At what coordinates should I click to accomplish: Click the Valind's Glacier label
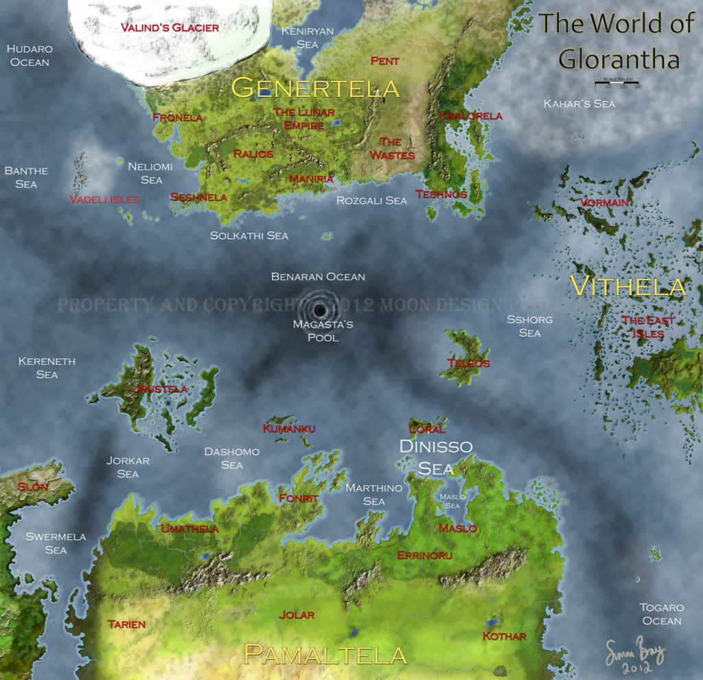[x=170, y=28]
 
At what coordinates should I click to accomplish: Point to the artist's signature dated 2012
[x=635, y=656]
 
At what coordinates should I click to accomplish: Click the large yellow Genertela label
[x=315, y=88]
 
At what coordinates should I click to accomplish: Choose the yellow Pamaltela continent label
[x=325, y=655]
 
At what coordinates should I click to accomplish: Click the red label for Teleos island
[x=468, y=363]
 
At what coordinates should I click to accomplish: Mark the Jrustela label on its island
[x=160, y=389]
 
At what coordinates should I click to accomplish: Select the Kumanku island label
[x=289, y=429]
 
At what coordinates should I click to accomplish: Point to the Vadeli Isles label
[x=104, y=199]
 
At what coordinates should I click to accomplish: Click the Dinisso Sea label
[x=436, y=457]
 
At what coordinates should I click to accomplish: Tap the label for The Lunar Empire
[x=304, y=118]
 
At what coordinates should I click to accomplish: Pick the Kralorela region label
[x=470, y=115]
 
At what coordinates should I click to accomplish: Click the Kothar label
[x=504, y=636]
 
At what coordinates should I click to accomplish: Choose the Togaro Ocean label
[x=661, y=614]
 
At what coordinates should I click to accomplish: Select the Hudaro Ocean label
[x=30, y=56]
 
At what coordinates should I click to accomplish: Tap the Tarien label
[x=127, y=624]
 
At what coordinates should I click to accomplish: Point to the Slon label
[x=33, y=487]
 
